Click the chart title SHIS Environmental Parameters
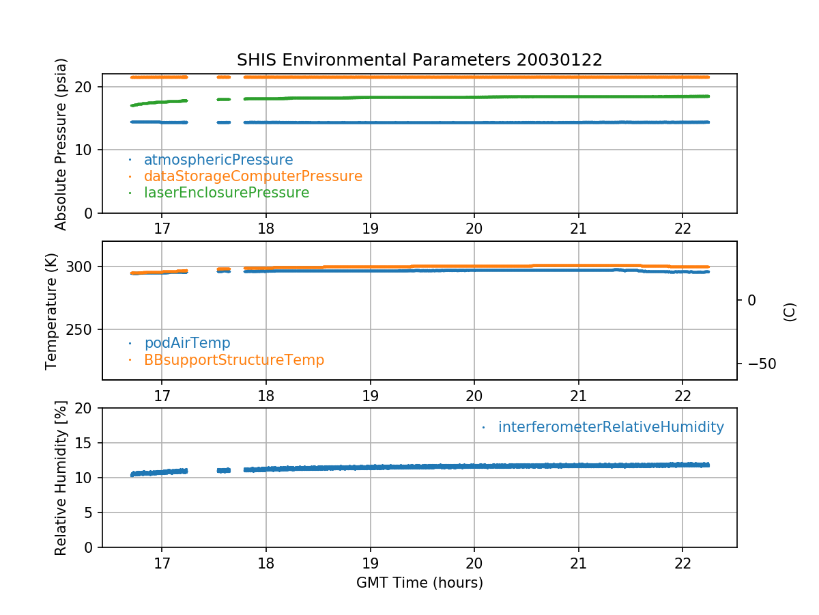[419, 60]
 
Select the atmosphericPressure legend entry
[218, 160]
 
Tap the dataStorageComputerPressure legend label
[253, 176]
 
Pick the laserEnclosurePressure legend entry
[227, 193]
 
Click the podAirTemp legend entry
[187, 343]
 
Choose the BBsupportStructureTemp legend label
[234, 359]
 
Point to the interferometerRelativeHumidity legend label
[611, 427]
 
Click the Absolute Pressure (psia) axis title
[61, 143]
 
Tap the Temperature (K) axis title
[52, 311]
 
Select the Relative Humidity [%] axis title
[61, 478]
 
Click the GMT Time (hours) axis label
[419, 583]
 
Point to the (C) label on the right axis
[790, 311]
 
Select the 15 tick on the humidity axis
[87, 443]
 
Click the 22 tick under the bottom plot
[682, 564]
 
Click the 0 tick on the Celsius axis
[751, 300]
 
